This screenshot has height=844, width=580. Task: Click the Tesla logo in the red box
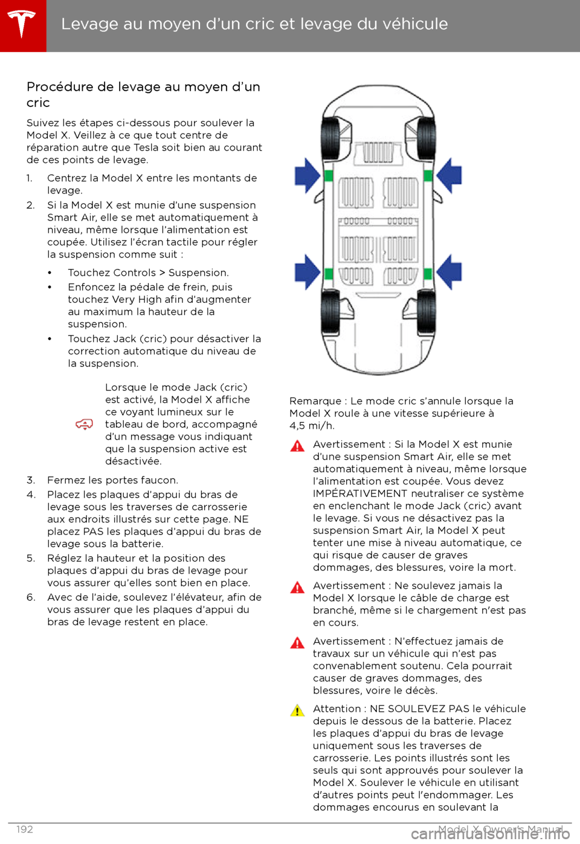point(22,24)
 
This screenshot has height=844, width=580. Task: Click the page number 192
point(25,829)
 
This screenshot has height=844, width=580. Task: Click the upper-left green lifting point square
point(329,175)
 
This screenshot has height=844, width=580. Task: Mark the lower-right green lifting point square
point(428,273)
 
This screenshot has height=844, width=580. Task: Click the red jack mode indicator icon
point(84,424)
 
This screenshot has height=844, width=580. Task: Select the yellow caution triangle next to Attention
point(297,710)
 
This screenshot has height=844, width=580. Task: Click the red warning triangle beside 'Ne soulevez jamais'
point(297,588)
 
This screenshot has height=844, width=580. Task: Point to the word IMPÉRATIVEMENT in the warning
point(360,494)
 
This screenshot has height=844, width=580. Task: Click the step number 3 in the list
point(30,481)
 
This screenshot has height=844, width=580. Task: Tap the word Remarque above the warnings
point(315,401)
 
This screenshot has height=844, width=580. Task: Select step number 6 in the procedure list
point(30,598)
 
